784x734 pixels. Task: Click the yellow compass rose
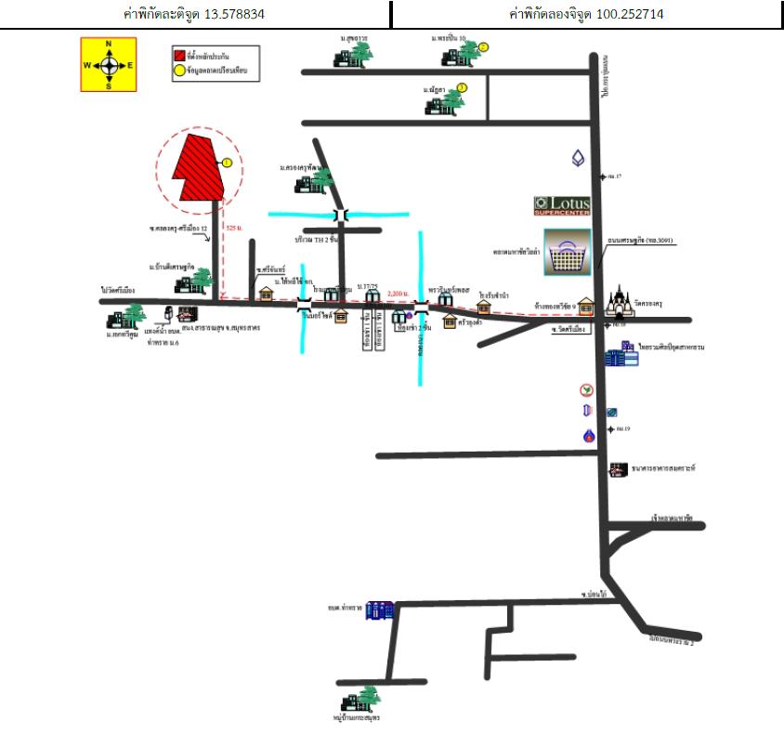pyautogui.click(x=109, y=64)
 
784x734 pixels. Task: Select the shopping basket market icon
pyautogui.click(x=566, y=252)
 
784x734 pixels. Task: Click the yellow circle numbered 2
pyautogui.click(x=484, y=46)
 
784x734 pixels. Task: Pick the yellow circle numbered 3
pyautogui.click(x=462, y=87)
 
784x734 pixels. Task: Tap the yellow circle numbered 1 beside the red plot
pyautogui.click(x=226, y=163)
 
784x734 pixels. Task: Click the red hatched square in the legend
pyautogui.click(x=179, y=56)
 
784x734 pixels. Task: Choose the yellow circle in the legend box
pyautogui.click(x=179, y=70)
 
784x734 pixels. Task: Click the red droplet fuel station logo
pyautogui.click(x=587, y=435)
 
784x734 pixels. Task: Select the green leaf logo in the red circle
pyautogui.click(x=587, y=389)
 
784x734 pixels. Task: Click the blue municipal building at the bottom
pyautogui.click(x=380, y=610)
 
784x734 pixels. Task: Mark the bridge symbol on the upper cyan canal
pyautogui.click(x=342, y=216)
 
